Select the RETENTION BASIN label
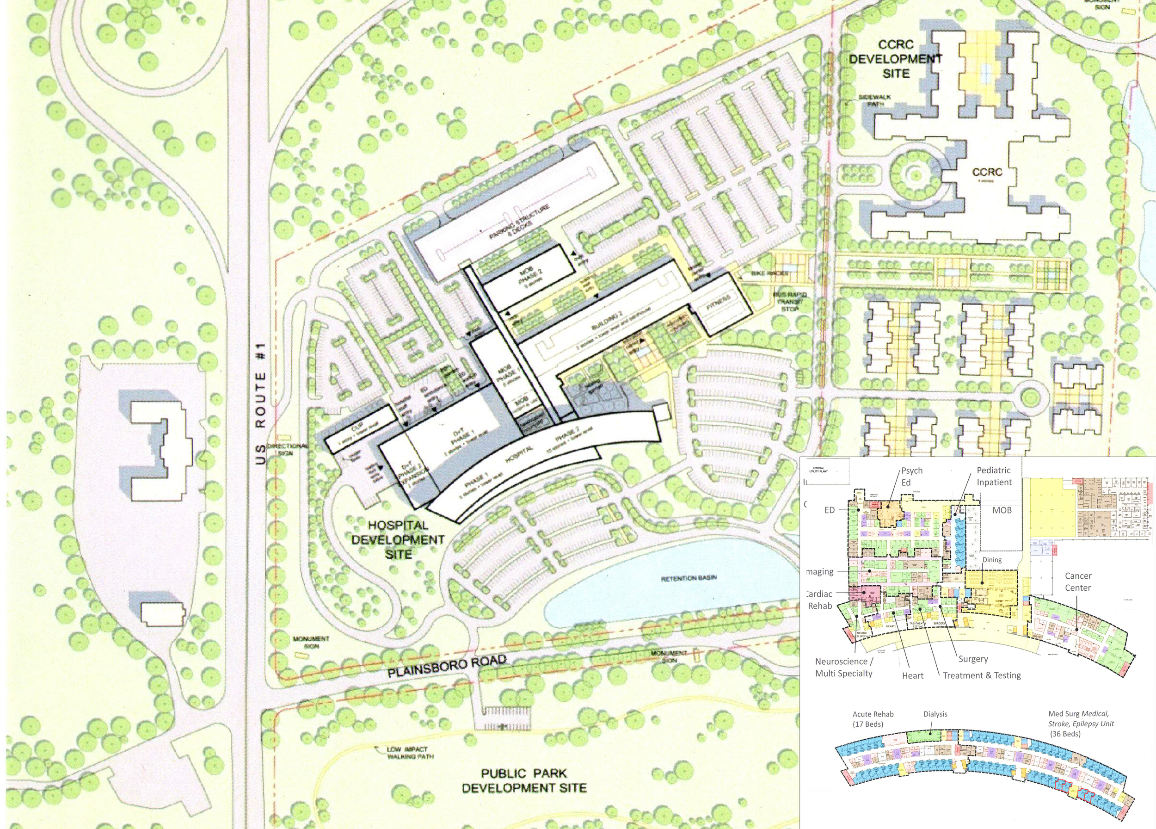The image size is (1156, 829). (689, 578)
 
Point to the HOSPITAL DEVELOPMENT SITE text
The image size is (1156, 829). (398, 539)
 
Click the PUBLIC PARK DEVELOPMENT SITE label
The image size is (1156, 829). (524, 780)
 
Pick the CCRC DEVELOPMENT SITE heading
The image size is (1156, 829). (896, 59)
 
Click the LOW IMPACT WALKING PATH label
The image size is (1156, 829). (410, 753)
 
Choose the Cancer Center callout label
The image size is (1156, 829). (1078, 582)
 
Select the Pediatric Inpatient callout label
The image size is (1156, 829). (994, 476)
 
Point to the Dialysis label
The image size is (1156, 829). (935, 714)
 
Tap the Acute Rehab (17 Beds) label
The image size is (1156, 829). (873, 719)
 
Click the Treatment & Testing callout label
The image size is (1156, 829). (982, 675)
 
